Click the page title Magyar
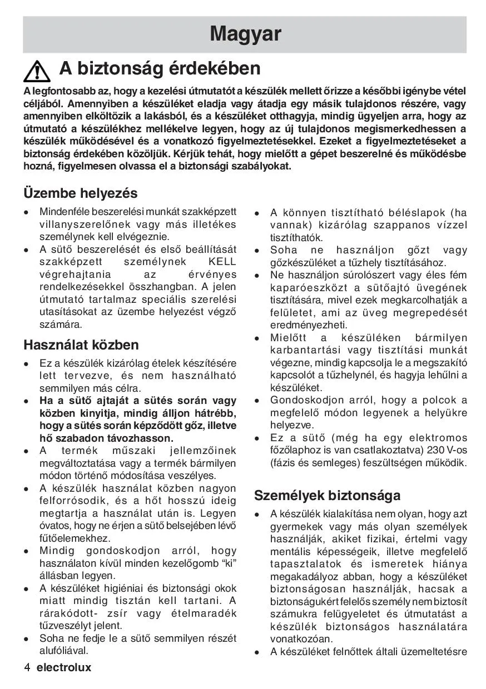pos(245,34)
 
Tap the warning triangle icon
pos(38,71)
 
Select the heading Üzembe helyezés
pos(80,193)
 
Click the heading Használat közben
pos(81,345)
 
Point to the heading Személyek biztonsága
pos(327,495)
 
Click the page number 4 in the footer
pos(27,667)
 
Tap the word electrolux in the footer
pos(64,667)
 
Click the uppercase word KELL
pos(222,262)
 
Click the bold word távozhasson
pos(133,438)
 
